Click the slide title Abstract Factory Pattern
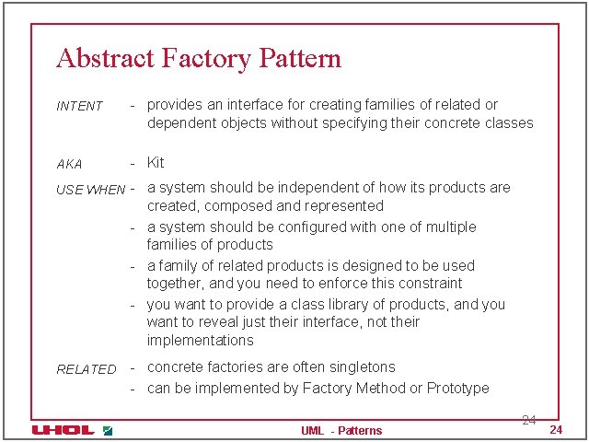click(x=198, y=59)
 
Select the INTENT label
click(x=80, y=106)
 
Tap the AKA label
click(x=69, y=164)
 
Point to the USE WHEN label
click(x=91, y=190)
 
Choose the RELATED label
click(x=87, y=369)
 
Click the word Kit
click(x=156, y=163)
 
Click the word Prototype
click(x=457, y=389)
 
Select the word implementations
click(x=200, y=341)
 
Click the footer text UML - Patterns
click(x=341, y=431)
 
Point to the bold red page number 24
click(x=555, y=431)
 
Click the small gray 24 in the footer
click(x=528, y=420)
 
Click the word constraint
click(x=432, y=284)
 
